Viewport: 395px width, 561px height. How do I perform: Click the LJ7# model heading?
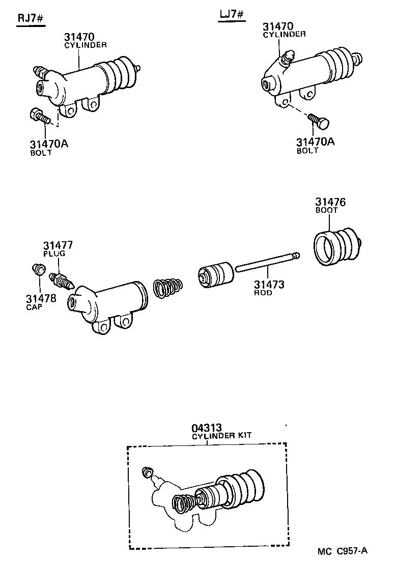(232, 15)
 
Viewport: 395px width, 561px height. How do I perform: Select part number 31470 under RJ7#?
(79, 37)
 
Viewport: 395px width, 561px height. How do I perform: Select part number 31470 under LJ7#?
(278, 26)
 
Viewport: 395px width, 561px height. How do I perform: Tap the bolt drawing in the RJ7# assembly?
(40, 116)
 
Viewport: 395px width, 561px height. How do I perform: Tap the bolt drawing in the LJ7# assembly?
(319, 122)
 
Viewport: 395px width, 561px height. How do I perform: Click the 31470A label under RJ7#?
(49, 144)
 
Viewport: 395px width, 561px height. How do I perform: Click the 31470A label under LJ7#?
(316, 142)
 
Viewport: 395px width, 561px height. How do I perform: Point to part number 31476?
(330, 202)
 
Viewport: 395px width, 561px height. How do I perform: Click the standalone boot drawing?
(336, 247)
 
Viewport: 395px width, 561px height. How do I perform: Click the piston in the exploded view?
(215, 275)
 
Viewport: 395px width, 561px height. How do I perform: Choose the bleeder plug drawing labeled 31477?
(62, 280)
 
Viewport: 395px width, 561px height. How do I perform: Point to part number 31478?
(41, 298)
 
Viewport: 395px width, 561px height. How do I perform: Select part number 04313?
(207, 428)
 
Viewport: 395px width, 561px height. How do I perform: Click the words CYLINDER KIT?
(221, 436)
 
